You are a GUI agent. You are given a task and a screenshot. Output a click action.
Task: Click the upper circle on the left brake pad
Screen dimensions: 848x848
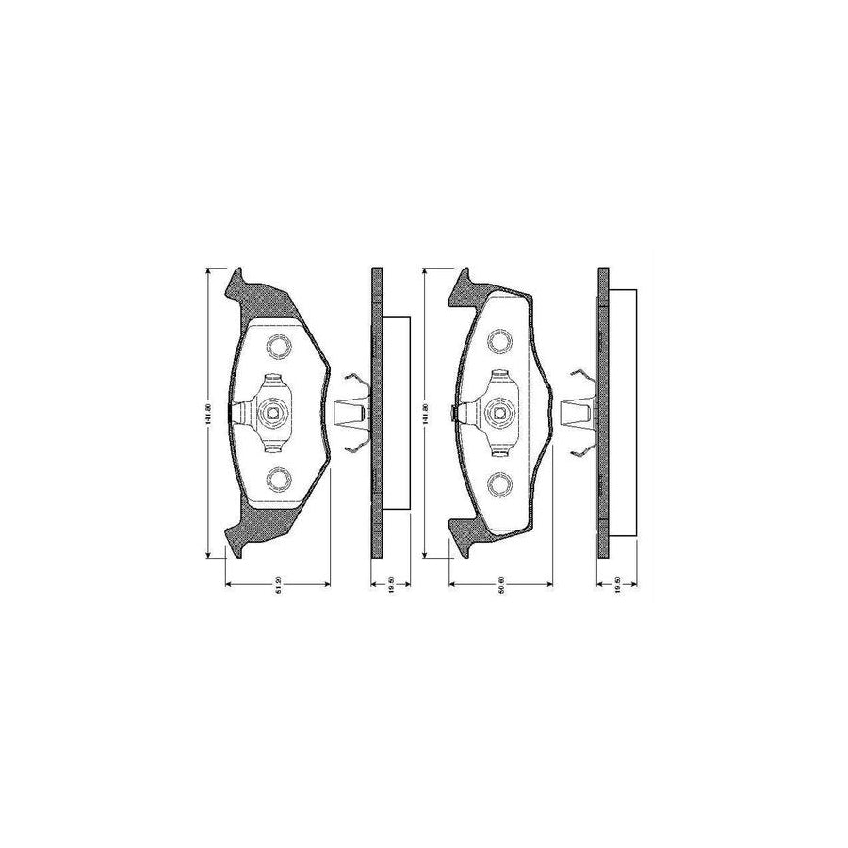click(278, 348)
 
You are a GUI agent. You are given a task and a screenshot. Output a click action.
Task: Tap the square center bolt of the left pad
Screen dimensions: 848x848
click(274, 412)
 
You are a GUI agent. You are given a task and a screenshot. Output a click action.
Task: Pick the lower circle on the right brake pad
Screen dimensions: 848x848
click(499, 483)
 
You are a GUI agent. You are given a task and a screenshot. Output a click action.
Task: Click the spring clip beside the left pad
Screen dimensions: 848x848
click(351, 413)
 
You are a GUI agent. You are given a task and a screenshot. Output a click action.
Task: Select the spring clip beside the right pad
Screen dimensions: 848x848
click(576, 412)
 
